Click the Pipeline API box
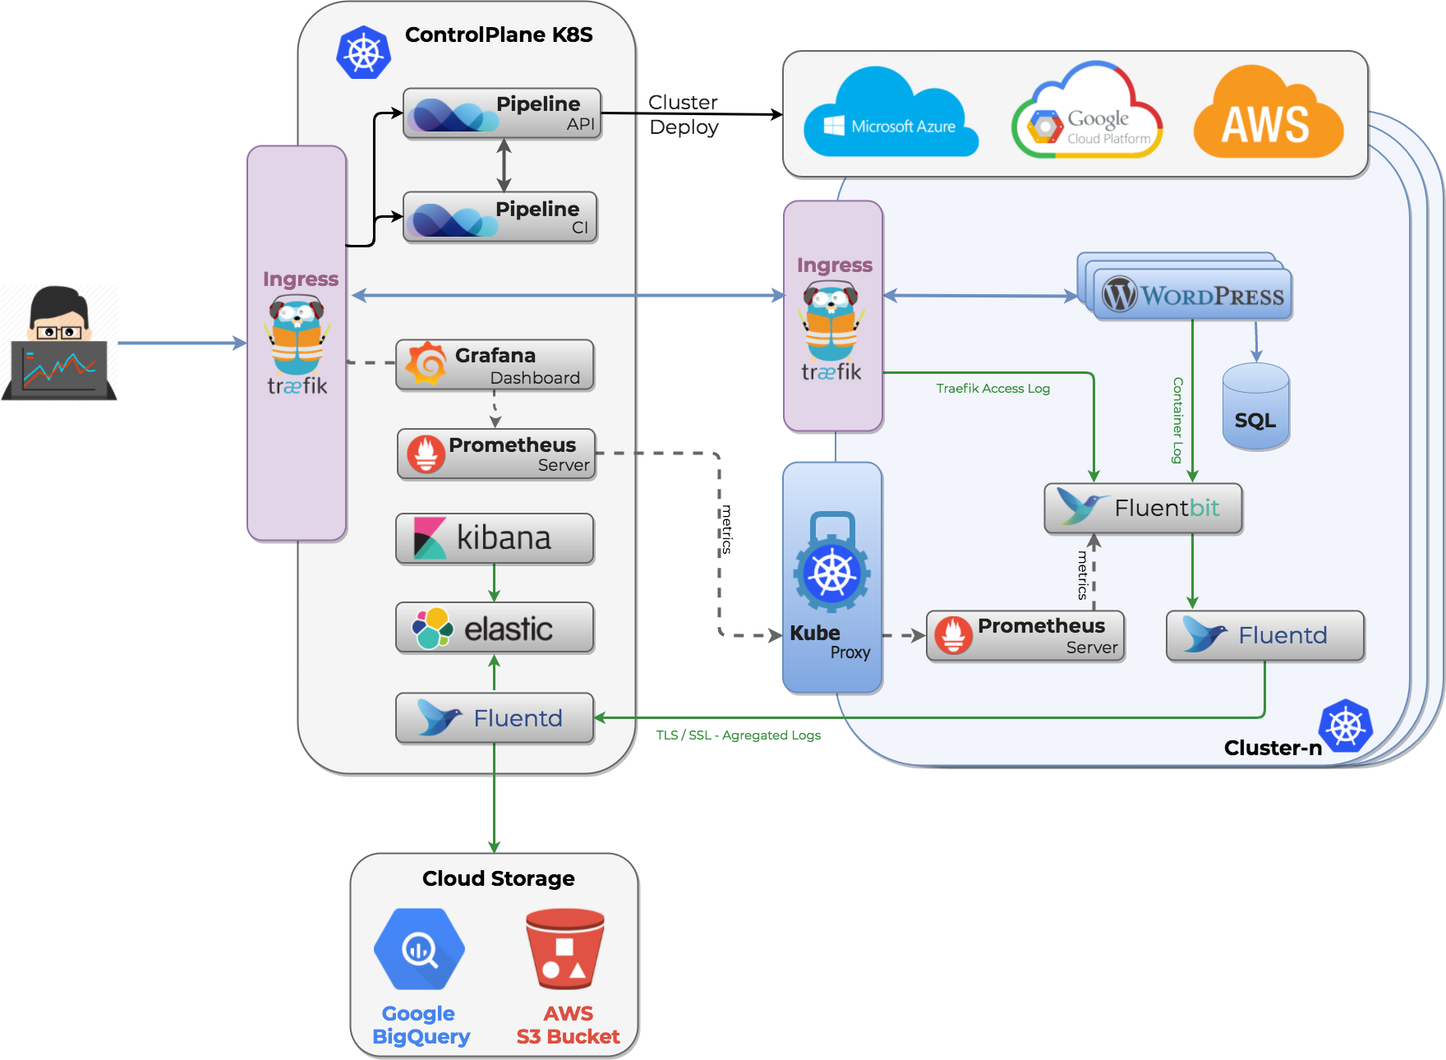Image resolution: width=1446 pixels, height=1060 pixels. [x=502, y=113]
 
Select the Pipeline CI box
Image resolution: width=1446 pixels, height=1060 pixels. [x=500, y=217]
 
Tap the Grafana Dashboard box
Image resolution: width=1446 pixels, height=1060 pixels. [x=495, y=365]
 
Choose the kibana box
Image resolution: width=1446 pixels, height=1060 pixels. [x=495, y=538]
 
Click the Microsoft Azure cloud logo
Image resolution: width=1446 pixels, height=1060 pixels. [x=891, y=113]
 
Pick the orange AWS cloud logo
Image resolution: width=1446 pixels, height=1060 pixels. [x=1268, y=112]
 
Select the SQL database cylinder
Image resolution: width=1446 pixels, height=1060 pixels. [x=1255, y=407]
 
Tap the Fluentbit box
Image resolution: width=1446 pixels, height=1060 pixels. [x=1143, y=508]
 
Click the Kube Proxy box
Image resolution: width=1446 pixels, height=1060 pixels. [x=832, y=578]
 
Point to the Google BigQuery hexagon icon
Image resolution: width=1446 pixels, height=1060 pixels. [x=419, y=949]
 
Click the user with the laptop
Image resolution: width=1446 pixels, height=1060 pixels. [x=59, y=343]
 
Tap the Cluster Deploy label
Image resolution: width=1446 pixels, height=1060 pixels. [x=683, y=114]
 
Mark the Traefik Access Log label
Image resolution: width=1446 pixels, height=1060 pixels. [x=992, y=388]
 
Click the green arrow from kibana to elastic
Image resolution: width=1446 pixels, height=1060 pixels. [x=494, y=583]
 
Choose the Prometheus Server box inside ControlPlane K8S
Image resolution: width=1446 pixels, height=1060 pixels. [x=496, y=454]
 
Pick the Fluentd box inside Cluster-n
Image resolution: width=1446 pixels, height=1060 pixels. [x=1265, y=635]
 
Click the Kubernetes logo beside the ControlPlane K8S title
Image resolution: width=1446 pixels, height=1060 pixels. [x=363, y=53]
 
